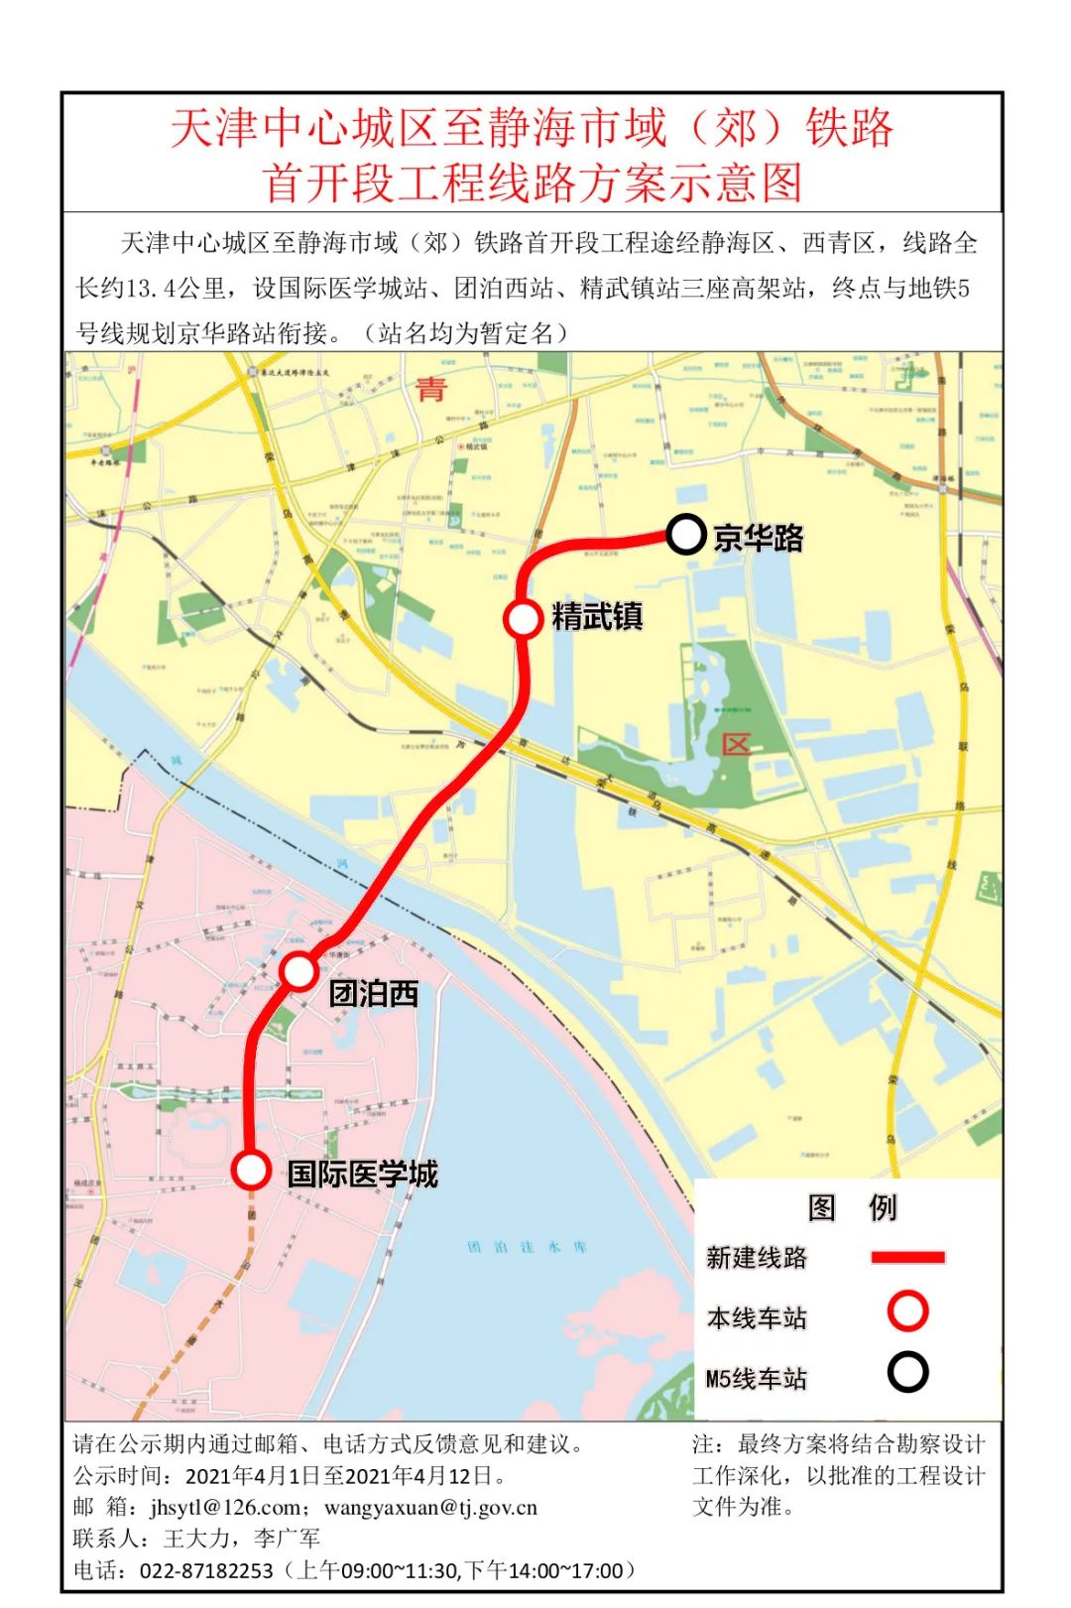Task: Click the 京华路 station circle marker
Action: click(x=685, y=535)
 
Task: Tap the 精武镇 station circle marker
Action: click(x=523, y=618)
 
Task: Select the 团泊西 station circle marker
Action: click(x=298, y=971)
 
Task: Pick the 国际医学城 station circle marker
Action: click(x=252, y=1170)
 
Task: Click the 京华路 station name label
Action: click(x=759, y=538)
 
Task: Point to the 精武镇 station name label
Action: click(x=597, y=616)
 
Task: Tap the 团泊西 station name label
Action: click(x=374, y=993)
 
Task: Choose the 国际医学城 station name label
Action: click(x=363, y=1174)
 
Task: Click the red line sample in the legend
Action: click(x=907, y=1257)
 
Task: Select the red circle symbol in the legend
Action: click(x=907, y=1310)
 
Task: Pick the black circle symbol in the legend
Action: click(x=907, y=1373)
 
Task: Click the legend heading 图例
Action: click(x=852, y=1207)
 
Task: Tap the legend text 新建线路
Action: click(x=757, y=1258)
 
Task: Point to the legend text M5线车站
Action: click(x=756, y=1379)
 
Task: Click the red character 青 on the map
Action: click(x=431, y=388)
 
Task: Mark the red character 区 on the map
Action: click(x=736, y=744)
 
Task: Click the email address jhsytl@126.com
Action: click(x=225, y=1508)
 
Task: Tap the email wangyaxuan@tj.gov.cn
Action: click(x=430, y=1508)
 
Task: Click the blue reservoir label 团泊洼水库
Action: click(x=527, y=1247)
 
